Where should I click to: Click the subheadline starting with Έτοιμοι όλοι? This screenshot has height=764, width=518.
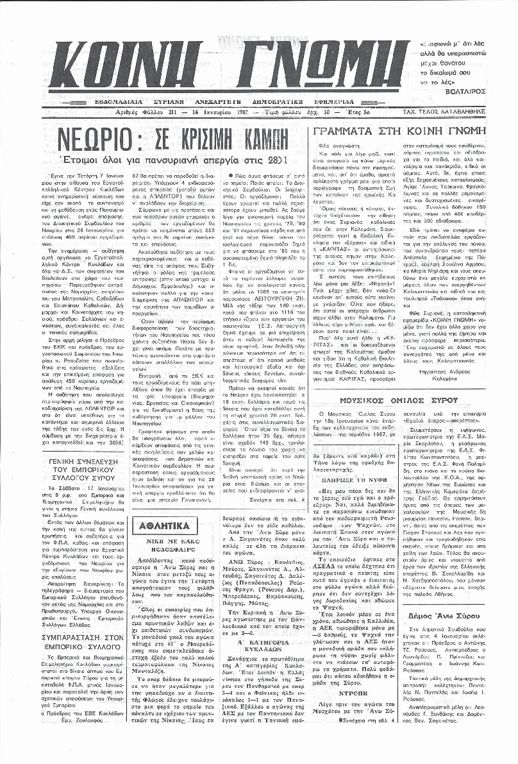click(x=183, y=157)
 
